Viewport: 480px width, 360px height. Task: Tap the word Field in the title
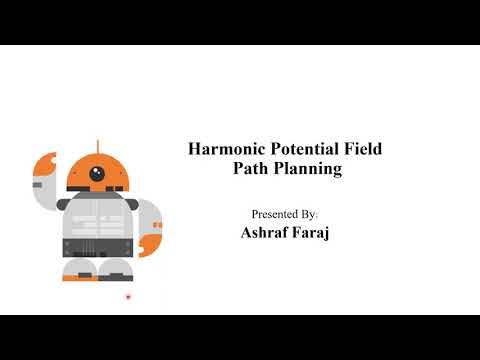(361, 150)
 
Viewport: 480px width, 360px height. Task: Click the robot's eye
(97, 173)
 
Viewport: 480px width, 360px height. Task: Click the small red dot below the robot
(128, 297)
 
